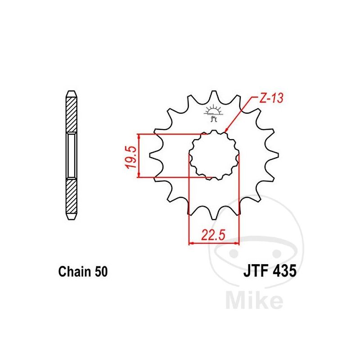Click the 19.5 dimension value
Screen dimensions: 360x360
(132, 157)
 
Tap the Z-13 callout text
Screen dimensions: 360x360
(271, 98)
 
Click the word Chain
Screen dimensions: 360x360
(75, 272)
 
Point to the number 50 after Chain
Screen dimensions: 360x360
(101, 272)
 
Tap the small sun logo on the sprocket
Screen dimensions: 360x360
(214, 113)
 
